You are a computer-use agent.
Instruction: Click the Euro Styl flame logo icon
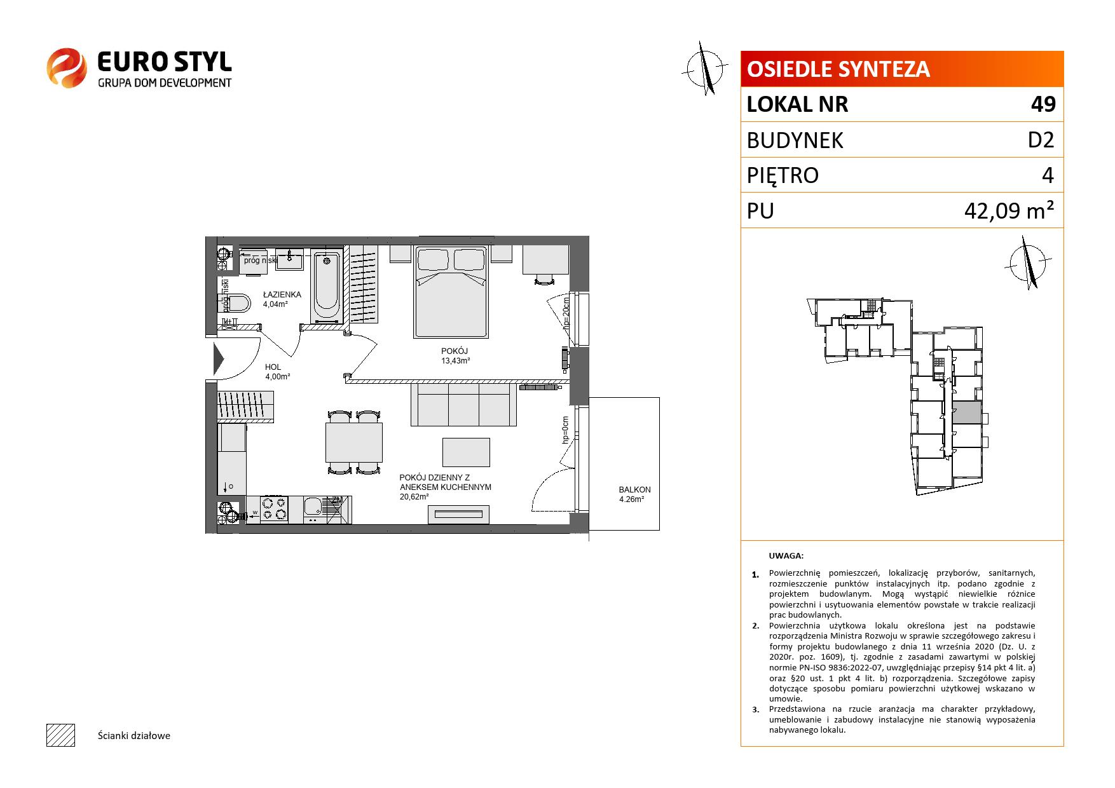[66, 68]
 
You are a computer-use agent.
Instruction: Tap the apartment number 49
[1043, 104]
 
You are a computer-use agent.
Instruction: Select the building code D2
[1041, 140]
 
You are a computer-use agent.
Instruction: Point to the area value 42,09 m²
[1010, 211]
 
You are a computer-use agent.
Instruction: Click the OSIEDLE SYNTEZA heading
[838, 69]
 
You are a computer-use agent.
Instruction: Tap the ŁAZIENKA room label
[282, 295]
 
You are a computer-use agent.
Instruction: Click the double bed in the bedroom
[451, 292]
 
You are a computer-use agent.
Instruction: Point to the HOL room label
[273, 367]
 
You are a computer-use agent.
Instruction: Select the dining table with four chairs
[354, 442]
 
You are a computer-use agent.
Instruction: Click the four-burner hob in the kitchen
[274, 508]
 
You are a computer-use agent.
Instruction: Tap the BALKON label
[634, 490]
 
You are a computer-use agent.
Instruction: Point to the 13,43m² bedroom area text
[456, 361]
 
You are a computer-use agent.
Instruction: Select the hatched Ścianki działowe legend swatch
[60, 735]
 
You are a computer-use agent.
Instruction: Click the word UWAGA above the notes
[786, 555]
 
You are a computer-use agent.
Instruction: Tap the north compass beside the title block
[706, 68]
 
